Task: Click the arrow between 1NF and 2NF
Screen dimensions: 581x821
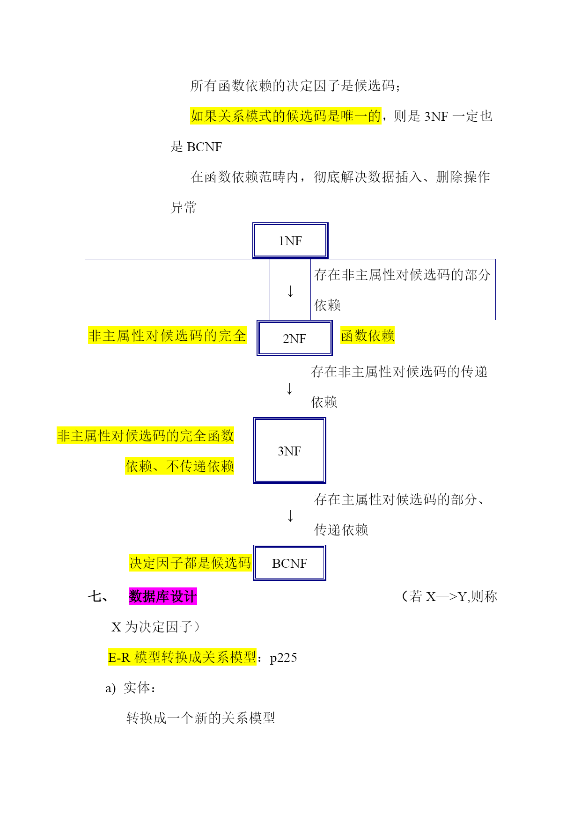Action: click(290, 291)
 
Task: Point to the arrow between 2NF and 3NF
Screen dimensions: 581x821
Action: click(289, 389)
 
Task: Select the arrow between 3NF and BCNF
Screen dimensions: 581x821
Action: click(290, 516)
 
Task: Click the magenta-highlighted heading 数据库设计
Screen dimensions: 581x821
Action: click(163, 596)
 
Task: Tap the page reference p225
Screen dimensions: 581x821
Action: click(284, 658)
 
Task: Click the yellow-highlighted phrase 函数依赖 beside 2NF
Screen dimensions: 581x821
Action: click(368, 336)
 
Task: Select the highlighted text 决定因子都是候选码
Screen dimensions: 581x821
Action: click(190, 563)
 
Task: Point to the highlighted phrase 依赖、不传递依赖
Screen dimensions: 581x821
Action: click(179, 466)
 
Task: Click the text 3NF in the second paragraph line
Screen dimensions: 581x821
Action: click(436, 116)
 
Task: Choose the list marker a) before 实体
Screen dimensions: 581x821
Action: click(110, 688)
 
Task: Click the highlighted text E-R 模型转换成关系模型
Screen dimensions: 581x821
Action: click(182, 657)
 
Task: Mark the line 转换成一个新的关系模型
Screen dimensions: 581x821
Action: click(201, 718)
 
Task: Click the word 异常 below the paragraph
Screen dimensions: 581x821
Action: click(184, 207)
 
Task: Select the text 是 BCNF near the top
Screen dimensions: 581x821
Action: click(196, 147)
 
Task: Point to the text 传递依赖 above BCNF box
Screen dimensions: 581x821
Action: click(341, 529)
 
